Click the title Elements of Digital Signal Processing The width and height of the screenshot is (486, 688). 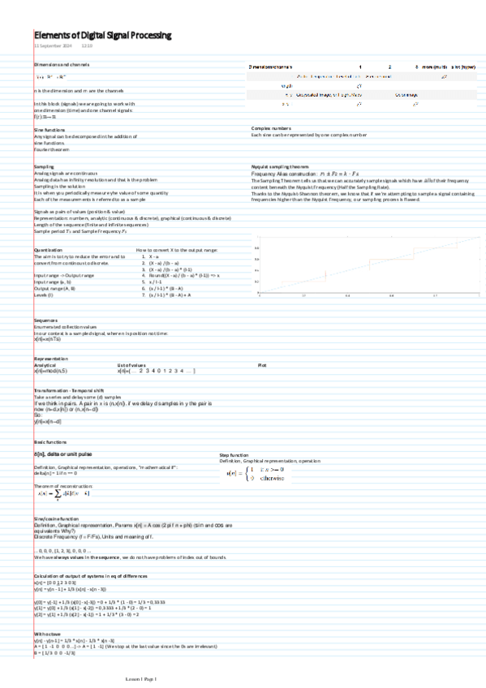pos(102,36)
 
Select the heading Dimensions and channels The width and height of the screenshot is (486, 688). pos(61,63)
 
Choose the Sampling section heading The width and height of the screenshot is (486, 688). pos(45,166)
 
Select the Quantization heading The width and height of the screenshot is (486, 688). pos(49,250)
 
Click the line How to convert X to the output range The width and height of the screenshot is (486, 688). pos(176,250)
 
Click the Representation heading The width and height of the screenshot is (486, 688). pos(52,358)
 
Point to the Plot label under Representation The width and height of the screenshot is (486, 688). pos(261,365)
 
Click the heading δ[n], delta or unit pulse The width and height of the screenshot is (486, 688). pos(69,455)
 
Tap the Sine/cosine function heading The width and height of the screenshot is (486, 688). pos(56,518)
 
